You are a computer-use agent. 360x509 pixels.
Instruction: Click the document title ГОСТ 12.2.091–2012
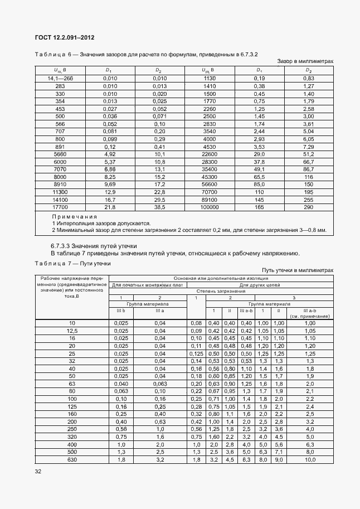pos(65,37)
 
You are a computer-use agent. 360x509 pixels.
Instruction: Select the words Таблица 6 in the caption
pos(53,54)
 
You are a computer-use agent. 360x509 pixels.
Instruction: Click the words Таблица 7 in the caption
pos(53,263)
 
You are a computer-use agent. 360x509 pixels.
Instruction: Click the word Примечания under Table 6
pos(75,216)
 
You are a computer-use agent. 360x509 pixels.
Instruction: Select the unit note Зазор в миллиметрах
pos(305,61)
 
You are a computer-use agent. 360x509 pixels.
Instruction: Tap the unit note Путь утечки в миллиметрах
pos(298,270)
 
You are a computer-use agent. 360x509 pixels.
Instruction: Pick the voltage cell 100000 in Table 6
pos(210,207)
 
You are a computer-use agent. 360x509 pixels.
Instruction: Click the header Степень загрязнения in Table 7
pos(220,291)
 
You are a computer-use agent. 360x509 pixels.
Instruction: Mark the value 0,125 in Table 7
pos(196,353)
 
